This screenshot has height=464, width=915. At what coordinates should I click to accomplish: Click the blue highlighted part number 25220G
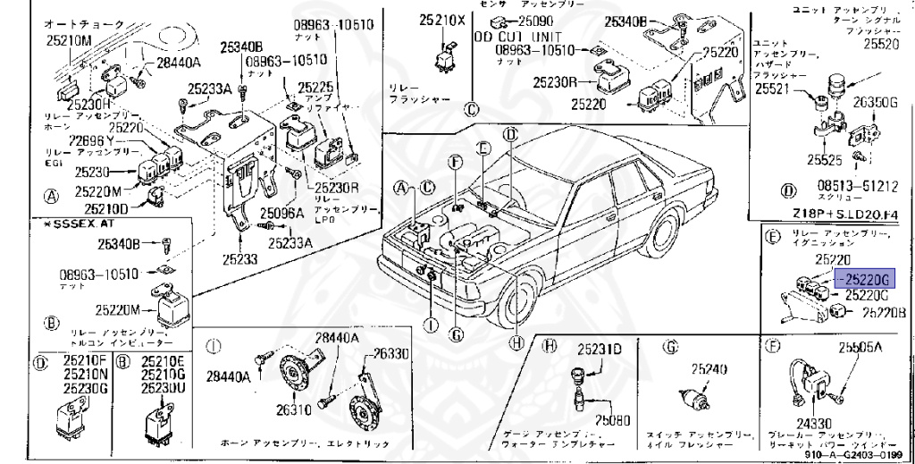click(862, 278)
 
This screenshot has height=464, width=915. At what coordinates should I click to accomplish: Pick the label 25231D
click(599, 348)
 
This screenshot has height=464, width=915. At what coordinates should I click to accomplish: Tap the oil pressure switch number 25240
click(705, 367)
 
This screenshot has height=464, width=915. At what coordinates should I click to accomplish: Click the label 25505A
click(860, 348)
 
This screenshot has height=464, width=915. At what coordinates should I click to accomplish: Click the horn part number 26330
click(390, 353)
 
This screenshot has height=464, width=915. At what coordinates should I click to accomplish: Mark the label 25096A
click(281, 214)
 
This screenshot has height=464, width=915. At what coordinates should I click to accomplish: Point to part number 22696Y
click(92, 141)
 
